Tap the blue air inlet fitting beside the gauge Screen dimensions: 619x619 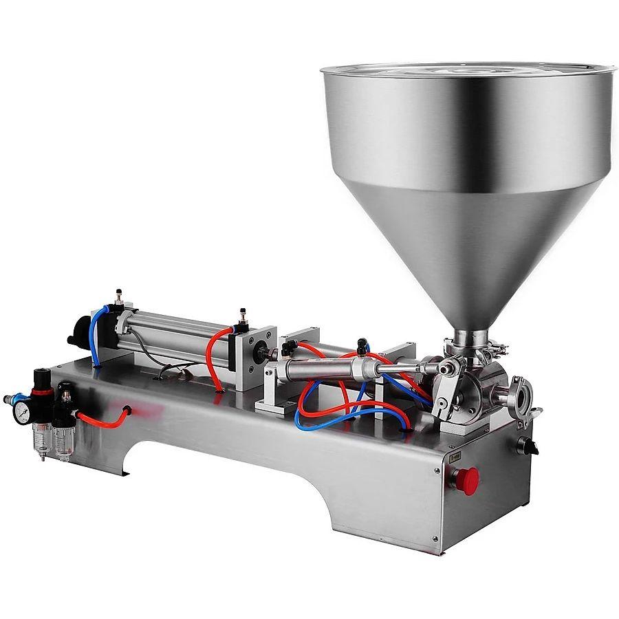(x=8, y=399)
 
